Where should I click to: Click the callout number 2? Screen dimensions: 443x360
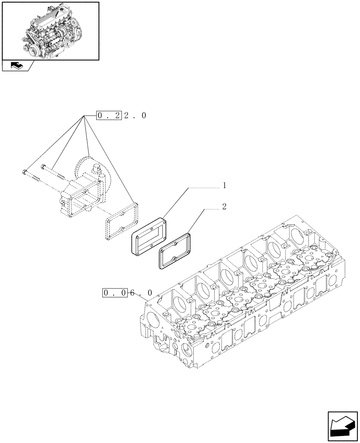click(224, 207)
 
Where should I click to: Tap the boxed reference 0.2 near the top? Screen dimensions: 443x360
click(109, 116)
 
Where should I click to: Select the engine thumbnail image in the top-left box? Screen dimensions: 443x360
click(51, 31)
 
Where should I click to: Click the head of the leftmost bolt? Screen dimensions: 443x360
click(24, 172)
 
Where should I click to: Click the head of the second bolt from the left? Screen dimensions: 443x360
click(43, 167)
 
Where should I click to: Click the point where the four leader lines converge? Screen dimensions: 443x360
click(83, 116)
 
